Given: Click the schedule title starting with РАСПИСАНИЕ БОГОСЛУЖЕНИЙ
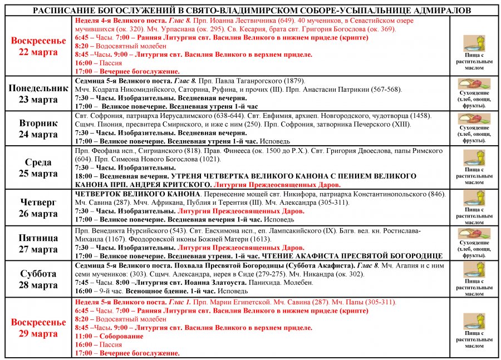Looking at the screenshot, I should [251, 10].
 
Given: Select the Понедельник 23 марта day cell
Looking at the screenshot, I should [38, 94].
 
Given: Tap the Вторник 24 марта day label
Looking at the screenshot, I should [38, 129].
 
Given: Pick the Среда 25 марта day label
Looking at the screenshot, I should [38, 167].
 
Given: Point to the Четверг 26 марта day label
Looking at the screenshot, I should [38, 208].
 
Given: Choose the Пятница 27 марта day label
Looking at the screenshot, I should [38, 243].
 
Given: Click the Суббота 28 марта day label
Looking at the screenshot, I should [38, 279].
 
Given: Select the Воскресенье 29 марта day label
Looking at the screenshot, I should [38, 328].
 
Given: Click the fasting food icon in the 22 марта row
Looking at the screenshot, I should [474, 43].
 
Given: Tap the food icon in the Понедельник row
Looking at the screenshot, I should [474, 83].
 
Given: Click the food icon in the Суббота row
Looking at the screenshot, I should [474, 270].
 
